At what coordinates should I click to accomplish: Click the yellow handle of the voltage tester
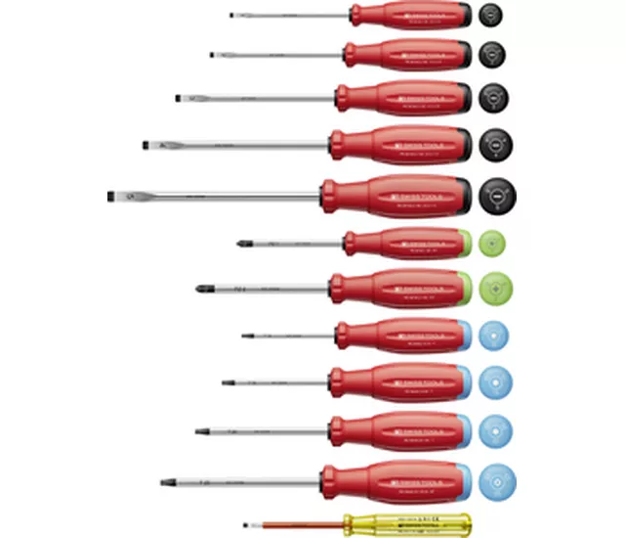[420, 523]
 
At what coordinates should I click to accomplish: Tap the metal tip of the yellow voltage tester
[245, 524]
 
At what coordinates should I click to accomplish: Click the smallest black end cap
[491, 15]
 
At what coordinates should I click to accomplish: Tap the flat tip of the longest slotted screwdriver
[110, 197]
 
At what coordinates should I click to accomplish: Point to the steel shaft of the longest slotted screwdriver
[225, 197]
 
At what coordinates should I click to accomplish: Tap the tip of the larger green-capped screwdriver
[202, 289]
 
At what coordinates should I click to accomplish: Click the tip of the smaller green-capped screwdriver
[240, 243]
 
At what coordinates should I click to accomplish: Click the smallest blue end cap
[493, 336]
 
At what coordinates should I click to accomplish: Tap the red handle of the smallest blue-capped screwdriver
[396, 336]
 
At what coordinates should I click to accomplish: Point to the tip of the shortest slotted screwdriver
[232, 15]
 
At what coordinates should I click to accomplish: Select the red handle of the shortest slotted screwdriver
[410, 15]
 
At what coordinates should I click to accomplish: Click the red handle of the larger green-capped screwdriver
[396, 289]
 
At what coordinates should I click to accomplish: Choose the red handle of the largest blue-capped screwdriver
[391, 480]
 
